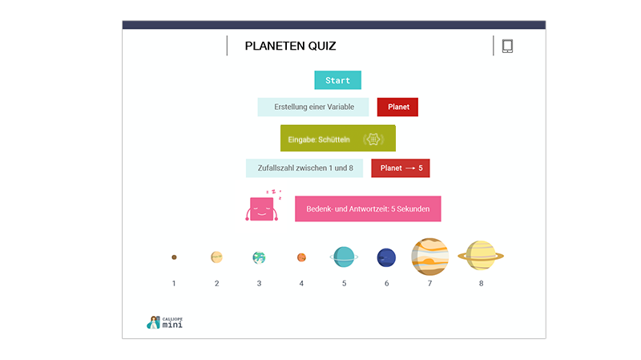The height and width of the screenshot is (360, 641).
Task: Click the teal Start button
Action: [337, 80]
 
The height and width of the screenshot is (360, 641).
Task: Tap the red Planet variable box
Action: [397, 107]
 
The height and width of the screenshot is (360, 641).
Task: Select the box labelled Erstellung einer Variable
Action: [313, 107]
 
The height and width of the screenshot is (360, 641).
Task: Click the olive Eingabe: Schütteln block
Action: [337, 138]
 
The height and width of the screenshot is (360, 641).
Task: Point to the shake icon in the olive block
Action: [373, 139]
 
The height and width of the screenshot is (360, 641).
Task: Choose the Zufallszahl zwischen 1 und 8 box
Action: [304, 168]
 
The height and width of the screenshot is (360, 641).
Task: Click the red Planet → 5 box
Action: [400, 168]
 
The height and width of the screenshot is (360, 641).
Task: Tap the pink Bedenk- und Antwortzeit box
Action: [368, 208]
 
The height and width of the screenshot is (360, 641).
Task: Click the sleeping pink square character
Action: [262, 208]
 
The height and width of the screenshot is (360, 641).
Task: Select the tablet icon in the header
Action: [507, 46]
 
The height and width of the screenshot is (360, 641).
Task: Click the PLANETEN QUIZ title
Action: [290, 46]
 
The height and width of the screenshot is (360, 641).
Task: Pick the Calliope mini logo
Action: [165, 322]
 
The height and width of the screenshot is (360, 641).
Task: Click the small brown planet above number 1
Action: [174, 257]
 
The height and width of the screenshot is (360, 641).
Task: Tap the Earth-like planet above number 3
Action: [259, 257]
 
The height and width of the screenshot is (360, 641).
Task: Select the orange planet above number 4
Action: [301, 257]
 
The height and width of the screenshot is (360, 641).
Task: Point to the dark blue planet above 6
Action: [386, 257]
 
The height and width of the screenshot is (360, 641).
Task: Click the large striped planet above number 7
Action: [430, 257]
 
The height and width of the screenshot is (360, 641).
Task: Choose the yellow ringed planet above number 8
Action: [481, 256]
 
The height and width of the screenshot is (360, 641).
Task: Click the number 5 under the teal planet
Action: [345, 284]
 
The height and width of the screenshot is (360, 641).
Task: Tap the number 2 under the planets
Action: [216, 284]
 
